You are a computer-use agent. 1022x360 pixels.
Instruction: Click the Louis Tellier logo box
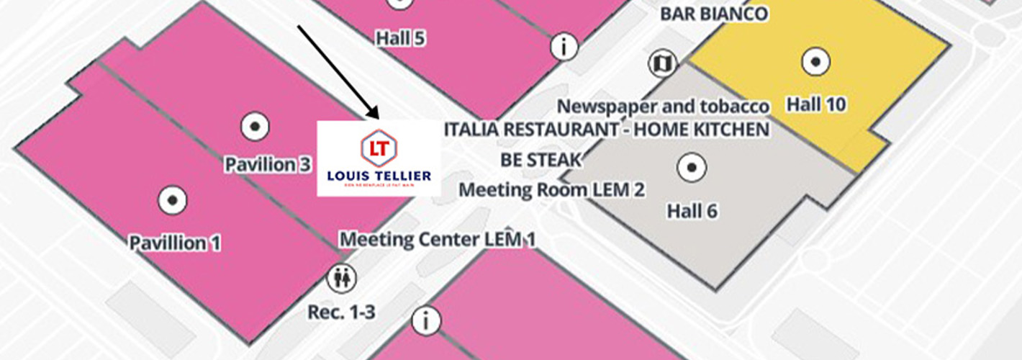point(379,158)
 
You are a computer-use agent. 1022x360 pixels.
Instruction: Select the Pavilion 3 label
point(268,164)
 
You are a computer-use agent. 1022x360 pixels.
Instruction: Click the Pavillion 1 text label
point(175,243)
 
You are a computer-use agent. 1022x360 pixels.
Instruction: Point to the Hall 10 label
point(815,105)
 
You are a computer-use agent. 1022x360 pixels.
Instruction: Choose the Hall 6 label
point(692,211)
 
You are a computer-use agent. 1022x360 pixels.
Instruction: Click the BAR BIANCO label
point(713,13)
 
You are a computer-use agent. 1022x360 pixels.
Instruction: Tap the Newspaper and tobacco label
point(664,107)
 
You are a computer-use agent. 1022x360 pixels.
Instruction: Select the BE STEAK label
point(541,159)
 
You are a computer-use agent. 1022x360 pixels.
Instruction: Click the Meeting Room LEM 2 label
point(551,189)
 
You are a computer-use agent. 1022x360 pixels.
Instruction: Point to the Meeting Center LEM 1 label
point(438,238)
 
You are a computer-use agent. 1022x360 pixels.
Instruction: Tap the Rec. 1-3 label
point(341,312)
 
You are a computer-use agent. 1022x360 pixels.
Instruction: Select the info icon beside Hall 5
point(564,47)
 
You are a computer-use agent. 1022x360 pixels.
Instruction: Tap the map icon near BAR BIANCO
point(661,63)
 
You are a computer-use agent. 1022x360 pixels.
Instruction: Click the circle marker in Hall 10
point(815,63)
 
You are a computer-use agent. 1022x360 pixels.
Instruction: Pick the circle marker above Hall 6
point(692,168)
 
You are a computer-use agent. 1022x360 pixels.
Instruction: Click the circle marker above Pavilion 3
point(254,127)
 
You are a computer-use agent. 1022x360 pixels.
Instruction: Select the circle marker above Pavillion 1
point(173,200)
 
